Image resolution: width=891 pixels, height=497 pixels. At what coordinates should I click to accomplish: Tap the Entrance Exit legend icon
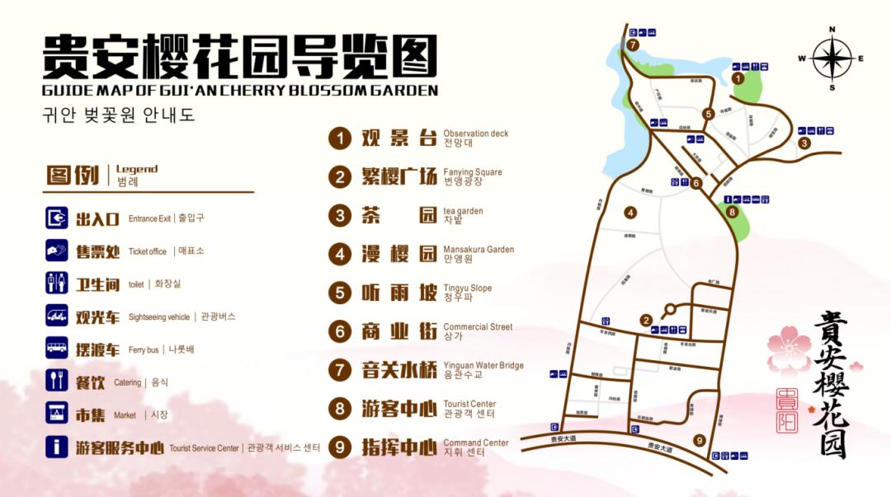[x=57, y=218]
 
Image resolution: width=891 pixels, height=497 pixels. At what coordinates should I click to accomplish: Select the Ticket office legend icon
[x=57, y=251]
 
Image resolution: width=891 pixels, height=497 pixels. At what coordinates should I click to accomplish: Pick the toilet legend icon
[x=57, y=284]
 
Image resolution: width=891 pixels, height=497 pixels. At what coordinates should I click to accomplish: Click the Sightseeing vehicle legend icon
[x=57, y=316]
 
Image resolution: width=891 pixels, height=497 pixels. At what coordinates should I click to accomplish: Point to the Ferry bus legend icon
[x=57, y=349]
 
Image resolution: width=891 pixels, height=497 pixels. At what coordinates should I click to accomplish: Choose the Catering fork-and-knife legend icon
[x=57, y=381]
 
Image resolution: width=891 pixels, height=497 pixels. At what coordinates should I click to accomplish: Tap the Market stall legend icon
[x=57, y=414]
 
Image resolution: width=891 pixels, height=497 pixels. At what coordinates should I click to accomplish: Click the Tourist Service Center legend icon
[x=57, y=447]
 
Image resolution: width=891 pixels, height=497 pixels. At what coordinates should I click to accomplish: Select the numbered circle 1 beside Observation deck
[x=339, y=138]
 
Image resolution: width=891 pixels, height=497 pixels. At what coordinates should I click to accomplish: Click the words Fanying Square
[x=472, y=172]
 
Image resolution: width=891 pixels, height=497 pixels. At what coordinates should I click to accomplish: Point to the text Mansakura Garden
[x=478, y=250]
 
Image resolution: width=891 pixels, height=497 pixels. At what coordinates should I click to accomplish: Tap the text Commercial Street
[x=478, y=326]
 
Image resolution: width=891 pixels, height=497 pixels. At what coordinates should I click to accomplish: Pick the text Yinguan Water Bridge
[x=483, y=365]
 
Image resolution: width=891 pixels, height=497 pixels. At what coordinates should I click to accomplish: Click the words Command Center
[x=476, y=443]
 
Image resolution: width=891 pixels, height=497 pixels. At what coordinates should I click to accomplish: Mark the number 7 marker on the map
[x=633, y=45]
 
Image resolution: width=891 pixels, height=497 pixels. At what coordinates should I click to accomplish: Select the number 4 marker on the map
[x=630, y=213]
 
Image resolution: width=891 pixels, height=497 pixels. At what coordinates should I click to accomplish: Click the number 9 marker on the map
[x=700, y=440]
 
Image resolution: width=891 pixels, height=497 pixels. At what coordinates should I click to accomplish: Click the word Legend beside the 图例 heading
[x=136, y=169]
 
